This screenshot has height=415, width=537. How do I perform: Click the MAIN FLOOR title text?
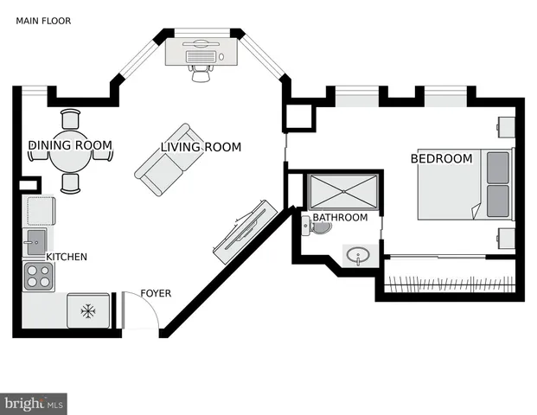coord(43,21)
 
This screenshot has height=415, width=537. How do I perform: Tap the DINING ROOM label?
coord(71,145)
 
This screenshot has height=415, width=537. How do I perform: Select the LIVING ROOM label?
coord(201,148)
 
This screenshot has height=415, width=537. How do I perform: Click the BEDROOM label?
coord(441,158)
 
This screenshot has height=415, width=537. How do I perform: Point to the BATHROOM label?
coord(340,217)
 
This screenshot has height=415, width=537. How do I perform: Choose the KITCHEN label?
coord(67,257)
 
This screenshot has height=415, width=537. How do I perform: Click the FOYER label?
coord(156,293)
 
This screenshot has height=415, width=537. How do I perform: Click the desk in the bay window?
coord(201,53)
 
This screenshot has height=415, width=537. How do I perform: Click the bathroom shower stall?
coord(343,191)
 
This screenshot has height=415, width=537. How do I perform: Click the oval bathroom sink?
coord(358,255)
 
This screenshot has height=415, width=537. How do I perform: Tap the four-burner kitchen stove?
coord(38,277)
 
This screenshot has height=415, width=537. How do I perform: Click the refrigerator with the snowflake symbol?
coord(86,311)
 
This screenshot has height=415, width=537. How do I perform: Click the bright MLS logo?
coord(35,403)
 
